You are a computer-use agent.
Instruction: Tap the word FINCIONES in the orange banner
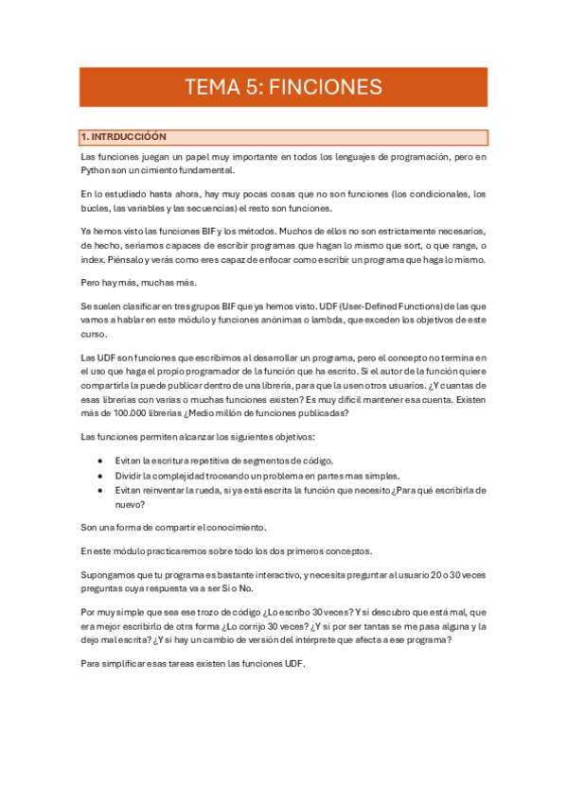click(326, 88)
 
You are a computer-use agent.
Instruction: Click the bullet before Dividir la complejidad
click(100, 475)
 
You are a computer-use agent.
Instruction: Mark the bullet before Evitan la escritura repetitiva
click(100, 460)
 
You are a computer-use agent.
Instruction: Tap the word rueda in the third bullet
click(205, 490)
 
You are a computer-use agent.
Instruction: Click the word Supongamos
click(107, 575)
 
